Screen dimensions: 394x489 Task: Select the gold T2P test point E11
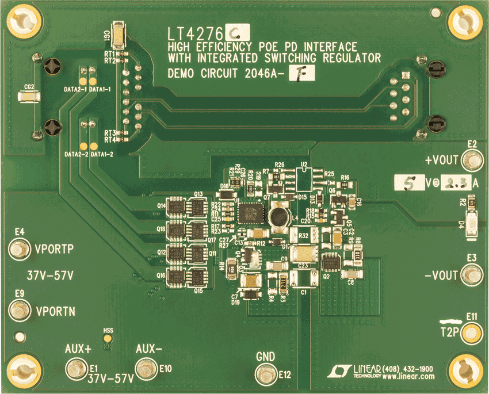point(472,332)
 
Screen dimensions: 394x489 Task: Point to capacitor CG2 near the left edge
point(27,97)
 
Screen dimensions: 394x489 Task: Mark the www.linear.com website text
point(408,377)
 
